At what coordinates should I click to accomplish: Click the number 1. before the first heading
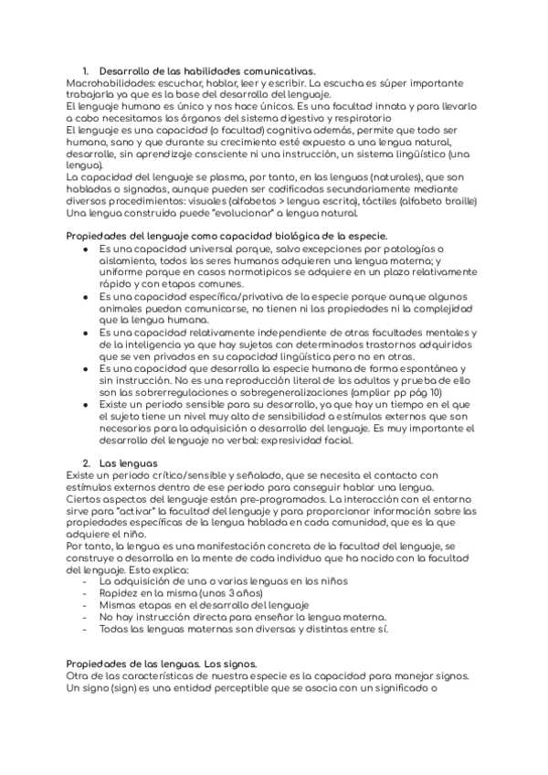(x=85, y=70)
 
